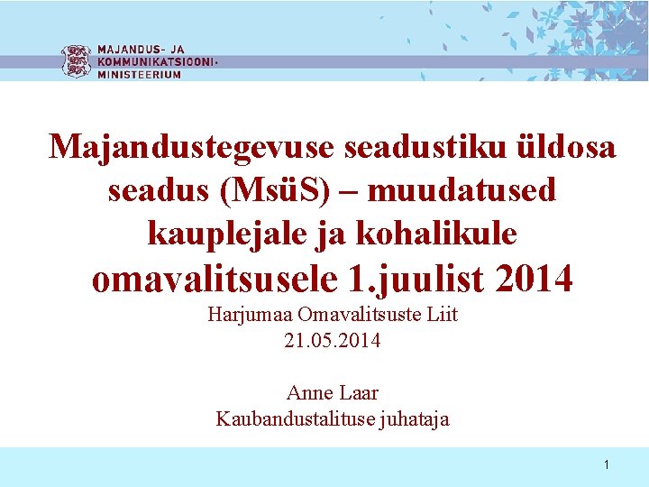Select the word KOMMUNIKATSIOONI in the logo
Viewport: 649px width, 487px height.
(x=155, y=62)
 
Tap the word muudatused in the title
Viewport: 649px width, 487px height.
(x=462, y=190)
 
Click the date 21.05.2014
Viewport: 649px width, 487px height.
(x=332, y=341)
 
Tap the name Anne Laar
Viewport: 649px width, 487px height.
(x=332, y=393)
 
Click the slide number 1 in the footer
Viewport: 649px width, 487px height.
(x=607, y=465)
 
